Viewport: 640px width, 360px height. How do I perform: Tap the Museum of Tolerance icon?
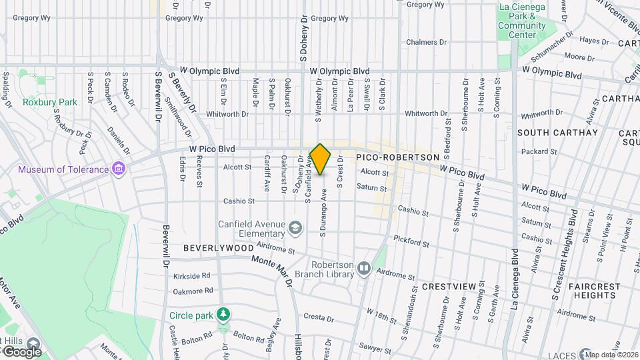click(x=119, y=169)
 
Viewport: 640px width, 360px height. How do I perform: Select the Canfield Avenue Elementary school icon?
click(x=294, y=229)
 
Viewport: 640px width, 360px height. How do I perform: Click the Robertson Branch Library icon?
click(x=364, y=268)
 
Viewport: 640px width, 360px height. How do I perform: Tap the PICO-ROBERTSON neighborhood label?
click(x=397, y=157)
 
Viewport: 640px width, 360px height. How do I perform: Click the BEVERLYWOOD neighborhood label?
click(x=219, y=247)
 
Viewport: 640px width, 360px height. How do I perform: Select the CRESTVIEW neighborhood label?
click(x=449, y=286)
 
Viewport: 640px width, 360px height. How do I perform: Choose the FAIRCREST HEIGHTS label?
click(x=595, y=291)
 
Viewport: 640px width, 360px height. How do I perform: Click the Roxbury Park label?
click(x=50, y=102)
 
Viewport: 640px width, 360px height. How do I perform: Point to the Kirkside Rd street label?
click(x=191, y=275)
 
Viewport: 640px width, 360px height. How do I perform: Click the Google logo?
click(x=22, y=351)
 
